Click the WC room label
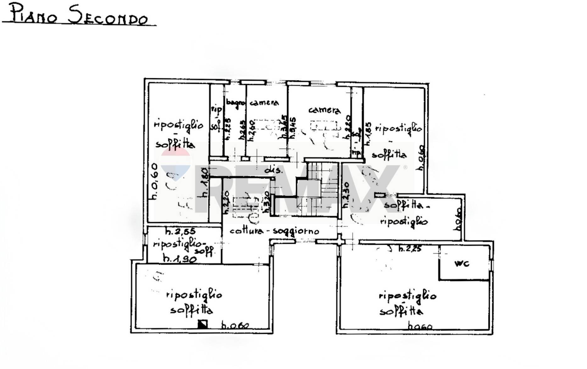(462, 263)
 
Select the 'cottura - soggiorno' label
(274, 231)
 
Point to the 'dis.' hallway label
(274, 171)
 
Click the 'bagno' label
(235, 103)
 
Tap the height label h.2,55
(181, 232)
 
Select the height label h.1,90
(180, 259)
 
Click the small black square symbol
(202, 324)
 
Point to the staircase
(318, 189)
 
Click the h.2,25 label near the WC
(410, 249)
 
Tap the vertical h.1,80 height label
(204, 182)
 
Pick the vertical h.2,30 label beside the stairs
(345, 195)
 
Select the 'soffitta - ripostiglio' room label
(405, 213)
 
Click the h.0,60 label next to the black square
(235, 325)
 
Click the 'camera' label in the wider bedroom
(324, 110)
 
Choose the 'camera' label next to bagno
(264, 103)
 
